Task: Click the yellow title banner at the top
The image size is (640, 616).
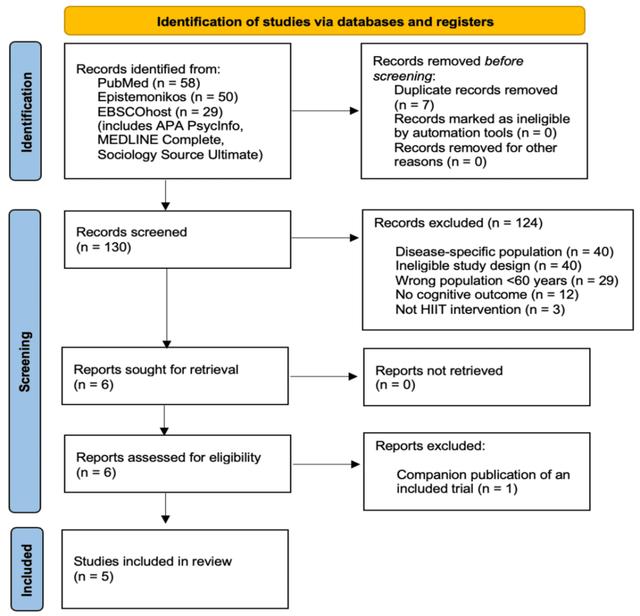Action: (325, 20)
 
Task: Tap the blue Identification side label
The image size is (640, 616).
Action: (25, 111)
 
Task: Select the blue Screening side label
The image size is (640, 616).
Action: (25, 361)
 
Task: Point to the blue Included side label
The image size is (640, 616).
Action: (27, 569)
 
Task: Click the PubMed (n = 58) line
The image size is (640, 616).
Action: (149, 83)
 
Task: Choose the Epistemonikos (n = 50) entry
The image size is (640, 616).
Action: (167, 97)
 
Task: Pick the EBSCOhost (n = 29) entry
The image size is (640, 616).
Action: (160, 112)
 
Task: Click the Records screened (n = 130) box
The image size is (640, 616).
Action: (178, 239)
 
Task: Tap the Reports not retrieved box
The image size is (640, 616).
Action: (476, 377)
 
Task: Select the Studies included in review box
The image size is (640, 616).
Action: (175, 569)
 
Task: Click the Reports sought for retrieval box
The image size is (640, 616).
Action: (175, 376)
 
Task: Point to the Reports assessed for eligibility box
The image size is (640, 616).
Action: (178, 464)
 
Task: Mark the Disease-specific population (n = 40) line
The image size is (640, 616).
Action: (504, 251)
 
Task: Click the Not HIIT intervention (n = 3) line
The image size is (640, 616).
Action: (480, 309)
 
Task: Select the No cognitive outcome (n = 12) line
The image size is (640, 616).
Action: (487, 294)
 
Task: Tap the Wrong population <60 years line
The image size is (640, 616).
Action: (507, 281)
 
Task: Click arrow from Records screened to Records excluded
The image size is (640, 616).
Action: (325, 238)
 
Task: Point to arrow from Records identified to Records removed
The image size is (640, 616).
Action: (325, 110)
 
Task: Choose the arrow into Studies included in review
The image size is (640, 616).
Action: (166, 507)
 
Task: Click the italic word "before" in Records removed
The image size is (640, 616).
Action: (504, 61)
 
